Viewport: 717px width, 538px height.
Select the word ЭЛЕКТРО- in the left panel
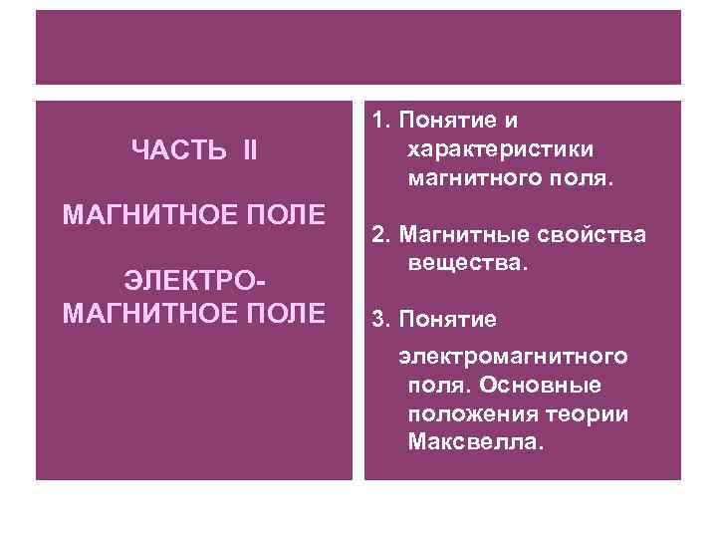click(193, 281)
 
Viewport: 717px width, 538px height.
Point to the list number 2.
click(378, 234)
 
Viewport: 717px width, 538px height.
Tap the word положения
click(468, 412)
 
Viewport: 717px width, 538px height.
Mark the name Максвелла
click(476, 441)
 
